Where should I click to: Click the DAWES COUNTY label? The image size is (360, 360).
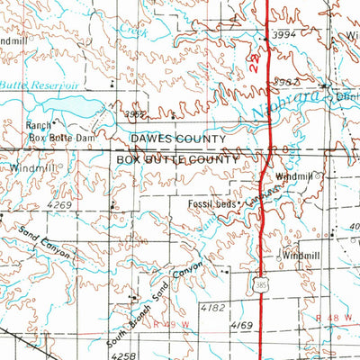point(178,139)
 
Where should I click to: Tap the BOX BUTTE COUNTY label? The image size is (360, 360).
point(178,159)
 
